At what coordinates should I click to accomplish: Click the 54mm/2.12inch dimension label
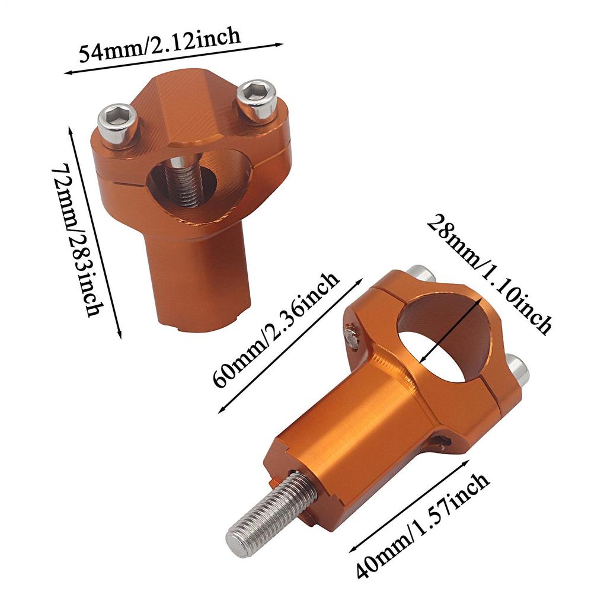160,46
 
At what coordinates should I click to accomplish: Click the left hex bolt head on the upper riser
118,123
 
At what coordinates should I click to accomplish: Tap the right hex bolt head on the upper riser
256,100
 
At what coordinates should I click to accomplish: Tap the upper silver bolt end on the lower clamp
421,274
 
